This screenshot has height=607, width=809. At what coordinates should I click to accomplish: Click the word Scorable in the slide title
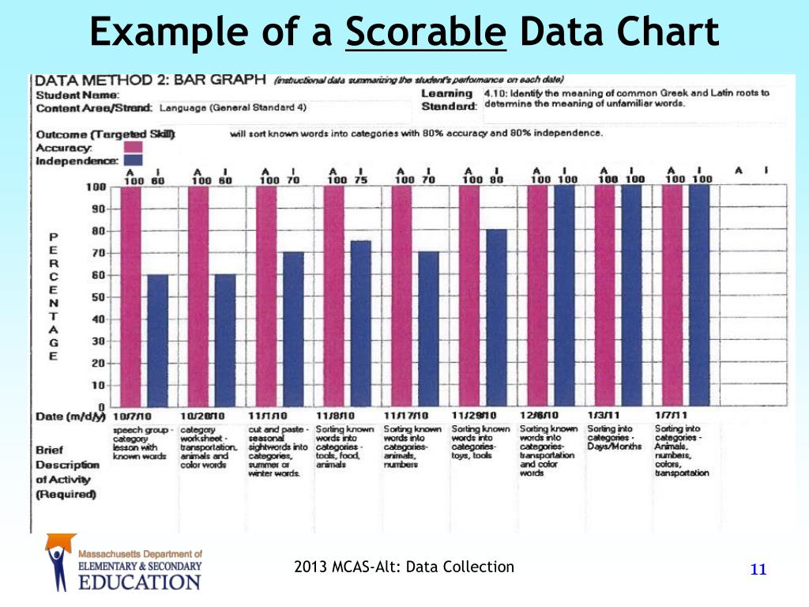pos(425,33)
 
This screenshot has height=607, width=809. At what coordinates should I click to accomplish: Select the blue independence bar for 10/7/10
pos(158,340)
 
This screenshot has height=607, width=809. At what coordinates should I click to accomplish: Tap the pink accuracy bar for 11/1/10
pos(266,296)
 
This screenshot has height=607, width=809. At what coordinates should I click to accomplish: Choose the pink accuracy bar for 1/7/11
pos(672,296)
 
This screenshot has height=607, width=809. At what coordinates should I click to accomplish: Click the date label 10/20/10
pos(203,416)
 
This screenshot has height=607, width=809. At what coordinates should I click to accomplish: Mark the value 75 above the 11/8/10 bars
pos(360,179)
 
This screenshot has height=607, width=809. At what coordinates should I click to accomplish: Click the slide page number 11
pos(758,571)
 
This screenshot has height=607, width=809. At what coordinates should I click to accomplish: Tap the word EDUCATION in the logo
pos(141,582)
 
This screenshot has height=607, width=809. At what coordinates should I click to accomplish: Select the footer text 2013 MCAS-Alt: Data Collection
pos(404,566)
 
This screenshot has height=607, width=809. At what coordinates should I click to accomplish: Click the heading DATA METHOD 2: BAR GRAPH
pos(149,81)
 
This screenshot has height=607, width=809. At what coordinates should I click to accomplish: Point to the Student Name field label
pos(70,95)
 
